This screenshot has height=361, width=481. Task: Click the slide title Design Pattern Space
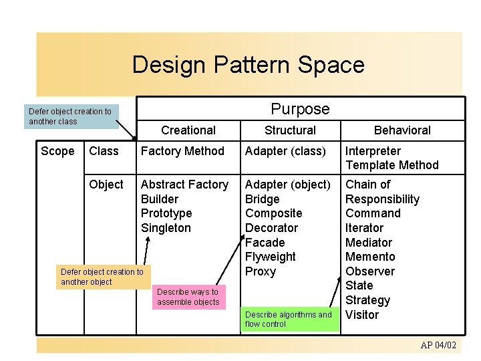(248, 65)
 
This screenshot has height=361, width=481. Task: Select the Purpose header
(300, 109)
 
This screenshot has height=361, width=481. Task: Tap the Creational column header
(188, 130)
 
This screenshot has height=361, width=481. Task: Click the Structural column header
(290, 130)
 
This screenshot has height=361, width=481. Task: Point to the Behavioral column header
(402, 130)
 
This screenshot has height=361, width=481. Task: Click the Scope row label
(57, 151)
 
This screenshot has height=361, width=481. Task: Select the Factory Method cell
(182, 151)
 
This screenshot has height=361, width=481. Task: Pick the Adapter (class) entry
(285, 151)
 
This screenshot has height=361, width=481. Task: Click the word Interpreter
(373, 151)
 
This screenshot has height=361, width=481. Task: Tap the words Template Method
(392, 165)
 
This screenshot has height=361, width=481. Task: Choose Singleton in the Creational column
(166, 228)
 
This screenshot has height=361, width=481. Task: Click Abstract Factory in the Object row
(184, 185)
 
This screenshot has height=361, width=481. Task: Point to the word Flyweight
(271, 257)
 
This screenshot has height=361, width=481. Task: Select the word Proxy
(261, 271)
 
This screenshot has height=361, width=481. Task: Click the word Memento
(370, 257)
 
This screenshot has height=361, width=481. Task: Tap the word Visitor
(362, 315)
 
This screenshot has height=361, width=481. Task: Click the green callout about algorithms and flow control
(288, 319)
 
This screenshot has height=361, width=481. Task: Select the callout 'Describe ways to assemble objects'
(188, 297)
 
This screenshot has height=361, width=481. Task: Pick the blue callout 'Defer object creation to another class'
(70, 116)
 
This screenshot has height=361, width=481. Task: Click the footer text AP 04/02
(438, 345)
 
